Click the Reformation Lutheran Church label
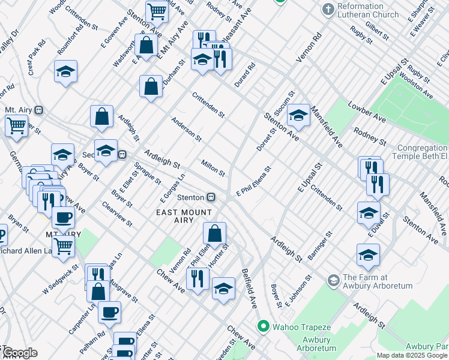368,10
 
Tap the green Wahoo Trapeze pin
262,327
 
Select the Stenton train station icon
211,197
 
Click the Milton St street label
213,169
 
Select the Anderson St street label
186,129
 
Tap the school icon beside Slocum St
298,115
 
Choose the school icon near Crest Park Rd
65,71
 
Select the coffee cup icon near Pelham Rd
109,311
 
